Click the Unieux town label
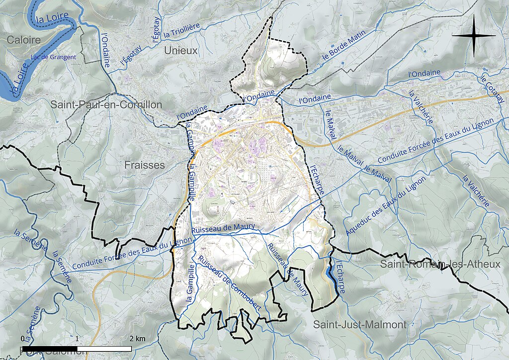tap(181, 51)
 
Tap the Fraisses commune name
tap(145, 165)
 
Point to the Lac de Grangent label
tap(53, 57)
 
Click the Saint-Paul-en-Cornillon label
tap(106, 105)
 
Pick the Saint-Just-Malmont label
tap(359, 325)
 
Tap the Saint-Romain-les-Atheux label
tap(440, 264)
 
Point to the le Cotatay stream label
tap(492, 90)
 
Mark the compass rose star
tap(474, 36)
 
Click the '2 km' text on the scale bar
tap(137, 339)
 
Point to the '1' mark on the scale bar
tap(78, 339)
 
